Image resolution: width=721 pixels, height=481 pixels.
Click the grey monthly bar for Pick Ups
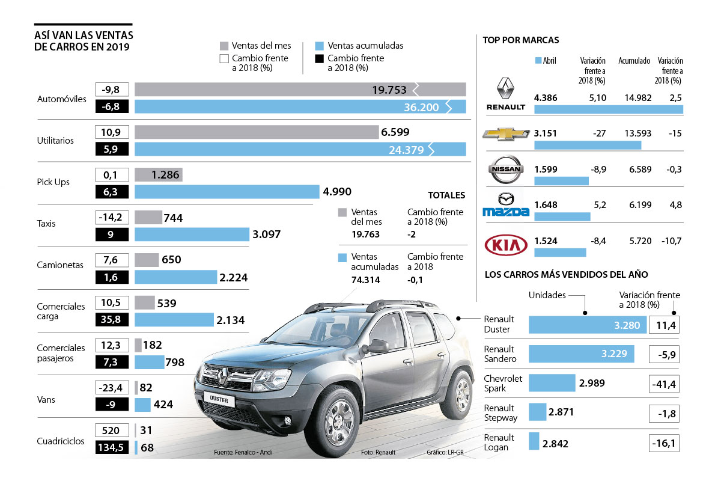click(x=159, y=175)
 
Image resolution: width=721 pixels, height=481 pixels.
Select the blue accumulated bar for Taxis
click(x=192, y=234)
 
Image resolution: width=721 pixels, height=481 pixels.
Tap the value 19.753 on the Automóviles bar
click(x=389, y=90)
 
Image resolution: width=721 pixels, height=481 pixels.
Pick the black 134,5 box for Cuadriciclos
click(x=112, y=448)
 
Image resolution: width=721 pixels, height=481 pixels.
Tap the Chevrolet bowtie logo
click(x=506, y=133)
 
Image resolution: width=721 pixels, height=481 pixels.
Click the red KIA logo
click(x=506, y=245)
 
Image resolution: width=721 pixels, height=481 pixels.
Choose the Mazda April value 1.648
click(x=546, y=205)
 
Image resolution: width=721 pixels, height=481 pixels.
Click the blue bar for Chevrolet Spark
click(x=552, y=383)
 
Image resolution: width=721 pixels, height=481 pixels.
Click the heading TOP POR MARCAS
click(x=521, y=40)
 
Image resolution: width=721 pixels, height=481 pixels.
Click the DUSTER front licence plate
click(x=216, y=398)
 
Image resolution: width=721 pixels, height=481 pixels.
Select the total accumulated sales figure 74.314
click(x=366, y=280)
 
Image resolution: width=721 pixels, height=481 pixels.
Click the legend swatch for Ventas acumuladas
click(x=320, y=46)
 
